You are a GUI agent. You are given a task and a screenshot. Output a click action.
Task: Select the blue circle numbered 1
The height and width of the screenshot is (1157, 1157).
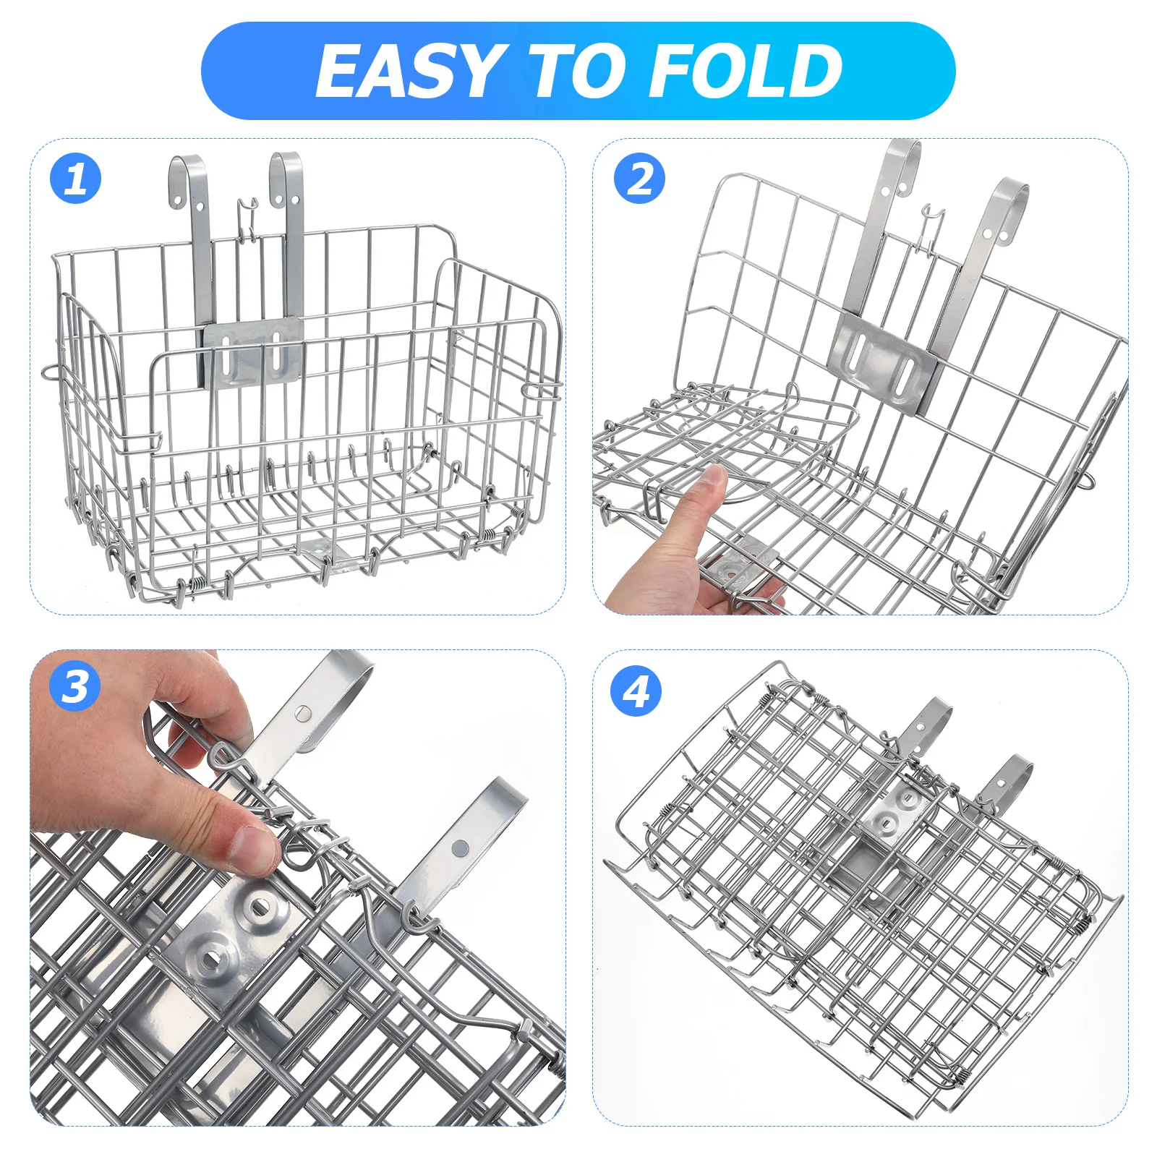(x=76, y=179)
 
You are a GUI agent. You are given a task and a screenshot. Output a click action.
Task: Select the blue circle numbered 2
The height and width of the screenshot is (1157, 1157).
(x=639, y=179)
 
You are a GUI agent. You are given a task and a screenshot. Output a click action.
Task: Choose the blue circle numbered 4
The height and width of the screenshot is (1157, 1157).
(x=636, y=691)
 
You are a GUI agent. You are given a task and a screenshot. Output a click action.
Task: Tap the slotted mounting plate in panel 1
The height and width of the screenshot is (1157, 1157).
(x=252, y=354)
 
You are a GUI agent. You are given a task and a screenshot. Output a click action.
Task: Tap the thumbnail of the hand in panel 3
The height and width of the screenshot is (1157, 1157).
(x=255, y=848)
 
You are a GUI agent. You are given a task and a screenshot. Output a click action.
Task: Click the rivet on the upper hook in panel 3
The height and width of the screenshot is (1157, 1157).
(x=304, y=714)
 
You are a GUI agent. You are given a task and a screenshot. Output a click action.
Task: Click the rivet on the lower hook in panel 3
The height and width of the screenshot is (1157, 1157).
(x=459, y=846)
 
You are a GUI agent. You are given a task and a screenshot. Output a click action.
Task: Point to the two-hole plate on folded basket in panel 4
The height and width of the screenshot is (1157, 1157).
(x=895, y=814)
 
